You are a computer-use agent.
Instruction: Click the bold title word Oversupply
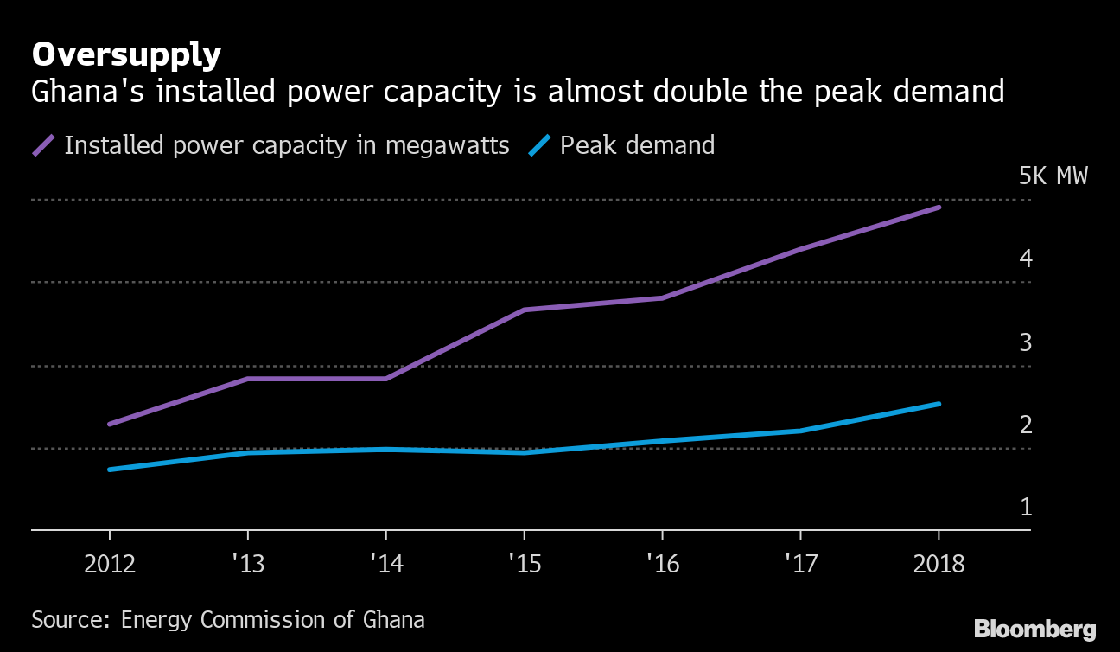tap(126, 55)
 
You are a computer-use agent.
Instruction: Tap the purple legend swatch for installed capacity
tap(44, 145)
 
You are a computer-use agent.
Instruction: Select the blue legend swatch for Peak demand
tap(540, 145)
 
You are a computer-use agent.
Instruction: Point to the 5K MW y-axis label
tap(1053, 176)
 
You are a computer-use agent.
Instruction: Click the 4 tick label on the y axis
tap(1026, 258)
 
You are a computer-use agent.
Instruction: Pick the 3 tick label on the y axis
tap(1026, 342)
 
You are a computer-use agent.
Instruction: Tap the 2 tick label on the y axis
tap(1026, 425)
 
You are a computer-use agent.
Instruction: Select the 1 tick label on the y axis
tap(1026, 507)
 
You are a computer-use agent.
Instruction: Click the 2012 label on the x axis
tap(110, 565)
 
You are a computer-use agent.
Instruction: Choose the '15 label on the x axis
tap(524, 565)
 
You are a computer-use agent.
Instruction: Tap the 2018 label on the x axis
tap(938, 565)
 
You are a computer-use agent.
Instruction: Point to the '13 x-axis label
tap(248, 565)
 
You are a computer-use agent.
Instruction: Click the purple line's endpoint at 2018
tap(939, 208)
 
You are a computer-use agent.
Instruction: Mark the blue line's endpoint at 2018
tap(939, 404)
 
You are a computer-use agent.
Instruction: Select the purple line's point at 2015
tap(524, 310)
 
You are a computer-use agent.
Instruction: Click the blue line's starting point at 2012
tap(110, 470)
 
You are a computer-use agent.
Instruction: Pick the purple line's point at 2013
tap(248, 379)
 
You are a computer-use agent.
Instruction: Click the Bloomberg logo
tap(1034, 629)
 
